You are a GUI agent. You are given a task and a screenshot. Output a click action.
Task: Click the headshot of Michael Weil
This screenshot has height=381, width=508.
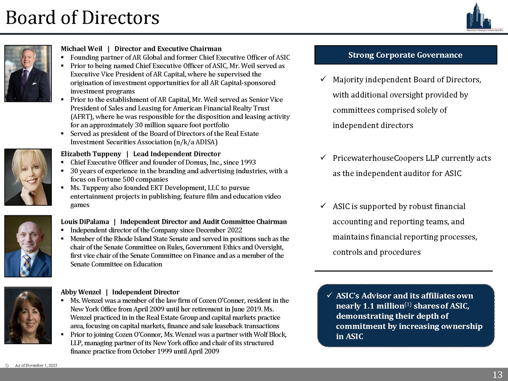[x=28, y=73]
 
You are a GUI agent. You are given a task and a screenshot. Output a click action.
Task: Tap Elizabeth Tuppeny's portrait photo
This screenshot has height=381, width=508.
[x=28, y=177]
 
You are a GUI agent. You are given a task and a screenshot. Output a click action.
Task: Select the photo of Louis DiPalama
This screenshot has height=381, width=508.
[x=28, y=246]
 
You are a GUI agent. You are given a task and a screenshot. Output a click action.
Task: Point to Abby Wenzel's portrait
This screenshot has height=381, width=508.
[x=28, y=315]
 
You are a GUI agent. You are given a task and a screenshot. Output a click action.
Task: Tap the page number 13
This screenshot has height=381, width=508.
[x=497, y=375]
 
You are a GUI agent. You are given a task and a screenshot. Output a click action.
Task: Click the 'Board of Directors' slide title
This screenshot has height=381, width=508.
[x=83, y=18]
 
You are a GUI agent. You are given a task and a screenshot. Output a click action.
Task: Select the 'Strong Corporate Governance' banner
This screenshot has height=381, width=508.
[x=405, y=55]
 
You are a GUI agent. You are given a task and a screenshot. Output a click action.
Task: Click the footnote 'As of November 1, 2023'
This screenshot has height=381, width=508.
[x=36, y=365]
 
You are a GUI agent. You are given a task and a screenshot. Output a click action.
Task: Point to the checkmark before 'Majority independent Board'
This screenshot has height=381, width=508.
[x=323, y=79]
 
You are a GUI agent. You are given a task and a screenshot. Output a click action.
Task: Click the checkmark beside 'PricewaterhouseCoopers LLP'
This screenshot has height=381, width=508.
[x=323, y=157]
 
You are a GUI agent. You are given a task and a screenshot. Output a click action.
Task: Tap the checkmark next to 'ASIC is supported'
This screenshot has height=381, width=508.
[x=323, y=206]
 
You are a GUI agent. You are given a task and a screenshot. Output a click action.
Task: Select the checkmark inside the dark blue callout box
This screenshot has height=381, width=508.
[x=329, y=295]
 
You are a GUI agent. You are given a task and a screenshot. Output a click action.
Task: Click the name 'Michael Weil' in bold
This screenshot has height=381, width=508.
[x=82, y=49]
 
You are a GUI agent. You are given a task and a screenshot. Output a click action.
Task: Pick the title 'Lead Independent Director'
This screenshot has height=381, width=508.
[x=177, y=154]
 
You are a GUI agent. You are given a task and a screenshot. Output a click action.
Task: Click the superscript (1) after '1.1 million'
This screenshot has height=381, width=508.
[x=408, y=304]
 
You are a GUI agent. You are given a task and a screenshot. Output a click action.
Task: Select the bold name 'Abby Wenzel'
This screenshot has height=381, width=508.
[x=81, y=292]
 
